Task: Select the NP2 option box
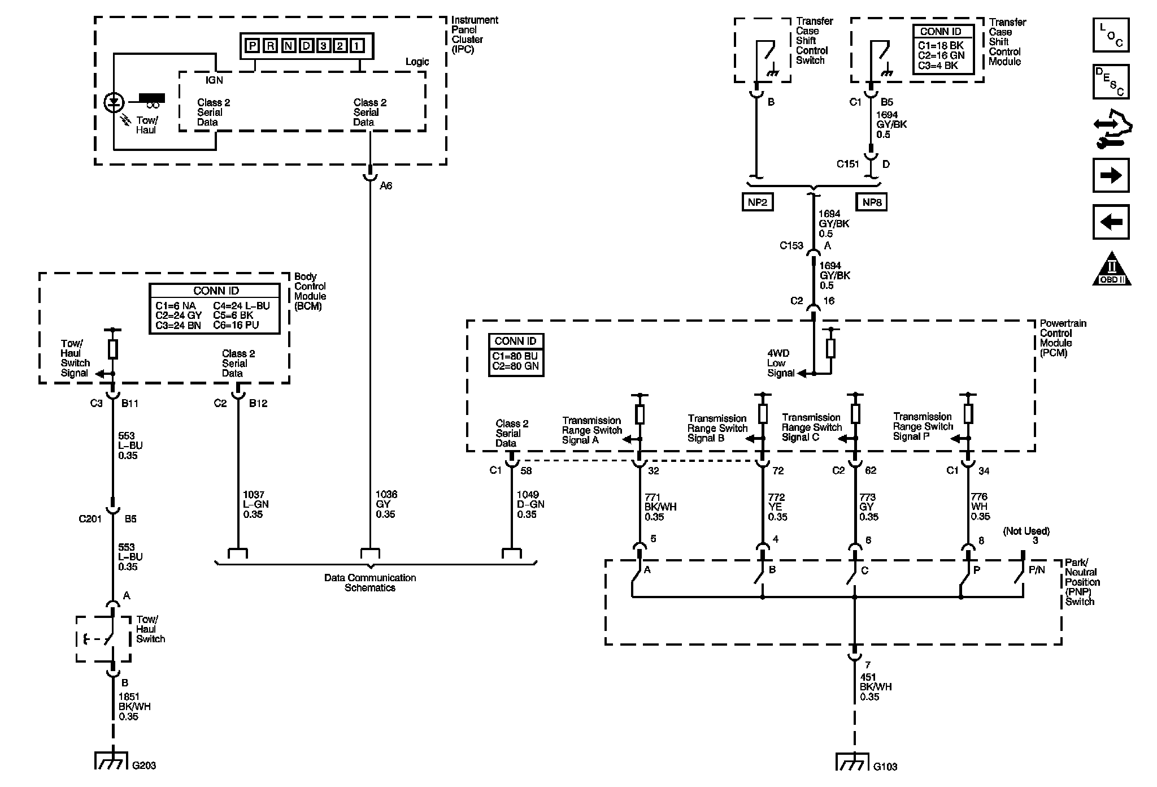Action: (x=757, y=202)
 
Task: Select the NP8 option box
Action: (x=871, y=202)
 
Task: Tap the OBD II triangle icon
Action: (x=1111, y=268)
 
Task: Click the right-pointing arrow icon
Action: (x=1111, y=176)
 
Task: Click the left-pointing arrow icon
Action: (x=1111, y=222)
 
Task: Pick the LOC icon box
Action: (x=1111, y=35)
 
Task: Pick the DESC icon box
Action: (x=1111, y=82)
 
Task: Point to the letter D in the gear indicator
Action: (x=306, y=46)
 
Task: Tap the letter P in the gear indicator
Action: (x=253, y=46)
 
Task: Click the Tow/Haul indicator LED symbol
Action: (x=114, y=102)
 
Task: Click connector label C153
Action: (x=791, y=245)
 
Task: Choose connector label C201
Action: (x=90, y=518)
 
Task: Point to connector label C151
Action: (x=847, y=164)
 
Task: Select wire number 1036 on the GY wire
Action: (x=386, y=495)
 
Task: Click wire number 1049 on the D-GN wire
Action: (x=528, y=495)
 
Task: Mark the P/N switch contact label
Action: (x=1037, y=570)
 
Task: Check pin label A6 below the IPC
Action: (x=386, y=185)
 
